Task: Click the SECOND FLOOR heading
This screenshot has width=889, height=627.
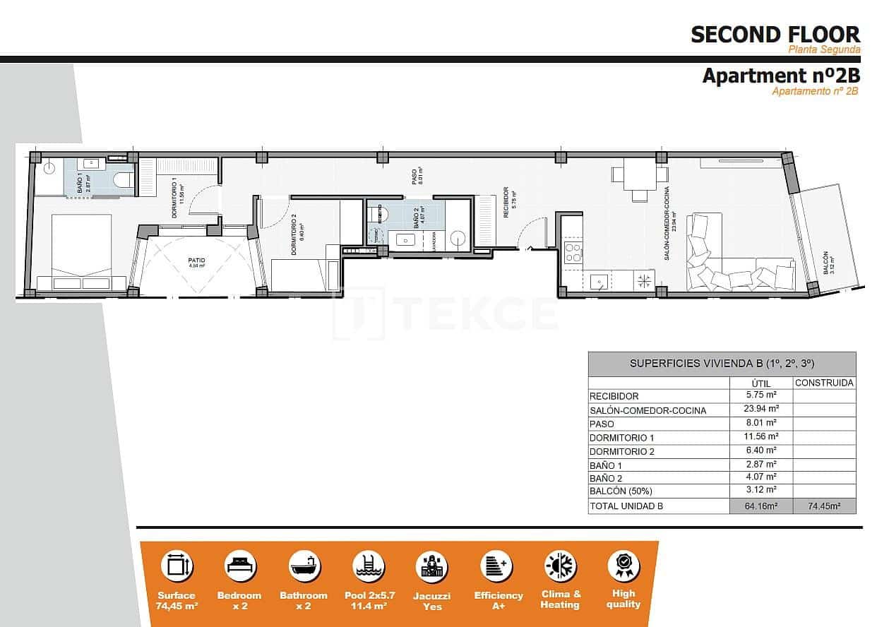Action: click(775, 34)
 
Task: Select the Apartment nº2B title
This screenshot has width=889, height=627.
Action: click(780, 76)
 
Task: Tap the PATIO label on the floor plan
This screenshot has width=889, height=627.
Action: click(196, 261)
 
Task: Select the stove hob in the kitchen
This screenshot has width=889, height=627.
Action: click(573, 252)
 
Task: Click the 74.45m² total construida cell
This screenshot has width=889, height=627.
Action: click(824, 506)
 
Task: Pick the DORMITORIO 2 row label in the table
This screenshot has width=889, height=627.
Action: click(621, 451)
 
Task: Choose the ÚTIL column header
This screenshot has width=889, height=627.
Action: click(760, 383)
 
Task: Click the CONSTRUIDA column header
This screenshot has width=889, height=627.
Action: click(824, 383)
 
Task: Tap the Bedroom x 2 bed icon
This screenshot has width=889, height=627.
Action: click(240, 566)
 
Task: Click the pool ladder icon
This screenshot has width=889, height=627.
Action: click(368, 566)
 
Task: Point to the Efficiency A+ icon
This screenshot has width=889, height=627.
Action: click(496, 566)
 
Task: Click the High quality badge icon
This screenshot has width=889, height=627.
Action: click(624, 566)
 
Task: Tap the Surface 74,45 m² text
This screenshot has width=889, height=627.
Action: click(177, 600)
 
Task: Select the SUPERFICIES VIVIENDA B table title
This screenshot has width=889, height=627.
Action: click(722, 364)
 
